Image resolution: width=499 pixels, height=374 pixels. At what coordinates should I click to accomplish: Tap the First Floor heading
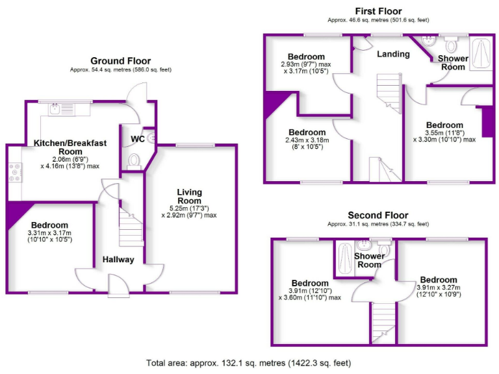(378, 11)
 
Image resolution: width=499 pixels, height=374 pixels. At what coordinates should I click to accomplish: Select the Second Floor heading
(377, 215)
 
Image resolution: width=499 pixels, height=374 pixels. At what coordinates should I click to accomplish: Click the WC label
(136, 139)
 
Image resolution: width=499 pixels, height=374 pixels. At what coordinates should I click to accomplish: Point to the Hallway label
(118, 260)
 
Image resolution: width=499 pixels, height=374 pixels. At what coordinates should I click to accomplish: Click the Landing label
(393, 54)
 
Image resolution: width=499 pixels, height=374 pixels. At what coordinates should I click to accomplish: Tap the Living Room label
(189, 196)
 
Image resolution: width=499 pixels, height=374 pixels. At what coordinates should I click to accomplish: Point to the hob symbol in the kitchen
(14, 172)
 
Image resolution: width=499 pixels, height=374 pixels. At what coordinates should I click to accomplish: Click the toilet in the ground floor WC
(134, 160)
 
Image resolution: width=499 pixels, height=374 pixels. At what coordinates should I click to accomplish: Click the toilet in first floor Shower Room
(452, 45)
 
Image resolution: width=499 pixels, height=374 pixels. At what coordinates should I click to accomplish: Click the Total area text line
(248, 362)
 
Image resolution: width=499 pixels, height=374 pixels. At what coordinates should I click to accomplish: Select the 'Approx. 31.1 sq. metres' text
(377, 224)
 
